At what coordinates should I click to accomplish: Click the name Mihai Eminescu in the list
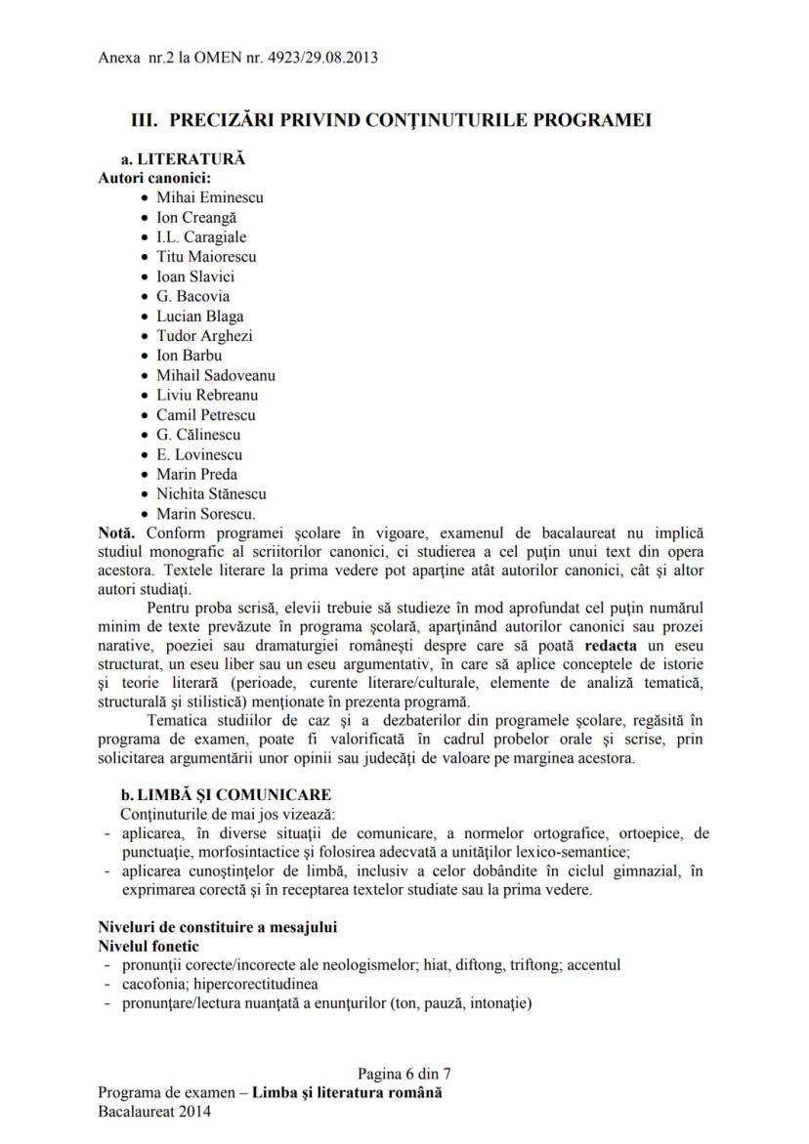pyautogui.click(x=209, y=197)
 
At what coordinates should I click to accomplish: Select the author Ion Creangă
pyautogui.click(x=195, y=217)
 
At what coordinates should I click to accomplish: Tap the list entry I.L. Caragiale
pyautogui.click(x=201, y=236)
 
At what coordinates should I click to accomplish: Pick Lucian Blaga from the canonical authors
pyautogui.click(x=199, y=316)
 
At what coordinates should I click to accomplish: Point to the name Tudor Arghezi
pyautogui.click(x=204, y=335)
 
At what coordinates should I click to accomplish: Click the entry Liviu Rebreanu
pyautogui.click(x=207, y=395)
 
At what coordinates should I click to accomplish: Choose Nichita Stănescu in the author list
pyautogui.click(x=211, y=493)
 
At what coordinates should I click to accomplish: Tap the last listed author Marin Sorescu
pyautogui.click(x=206, y=513)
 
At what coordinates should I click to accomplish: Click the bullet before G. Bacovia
pyautogui.click(x=146, y=297)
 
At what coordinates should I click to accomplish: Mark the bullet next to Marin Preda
pyautogui.click(x=146, y=475)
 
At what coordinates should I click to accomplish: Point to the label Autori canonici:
pyautogui.click(x=141, y=178)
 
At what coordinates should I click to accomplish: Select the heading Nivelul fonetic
pyautogui.click(x=149, y=946)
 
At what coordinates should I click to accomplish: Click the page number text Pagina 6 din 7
pyautogui.click(x=404, y=1073)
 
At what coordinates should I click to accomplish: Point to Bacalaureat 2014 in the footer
pyautogui.click(x=154, y=1112)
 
